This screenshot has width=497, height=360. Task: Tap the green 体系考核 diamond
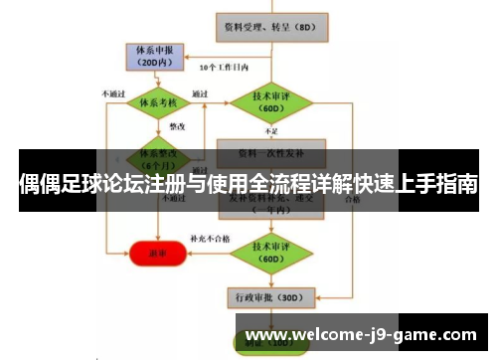click(157, 102)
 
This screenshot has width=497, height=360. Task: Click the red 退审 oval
click(157, 253)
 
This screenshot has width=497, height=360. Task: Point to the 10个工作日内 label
click(225, 69)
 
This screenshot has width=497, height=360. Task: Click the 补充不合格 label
click(210, 240)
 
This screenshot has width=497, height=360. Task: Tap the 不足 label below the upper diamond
click(271, 131)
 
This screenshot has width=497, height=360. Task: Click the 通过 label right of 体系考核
click(200, 94)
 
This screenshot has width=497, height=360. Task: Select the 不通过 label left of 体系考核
click(112, 94)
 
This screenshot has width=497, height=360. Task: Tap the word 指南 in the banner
click(454, 185)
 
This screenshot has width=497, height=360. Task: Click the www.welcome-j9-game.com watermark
click(360, 336)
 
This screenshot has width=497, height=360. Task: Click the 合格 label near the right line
click(352, 198)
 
